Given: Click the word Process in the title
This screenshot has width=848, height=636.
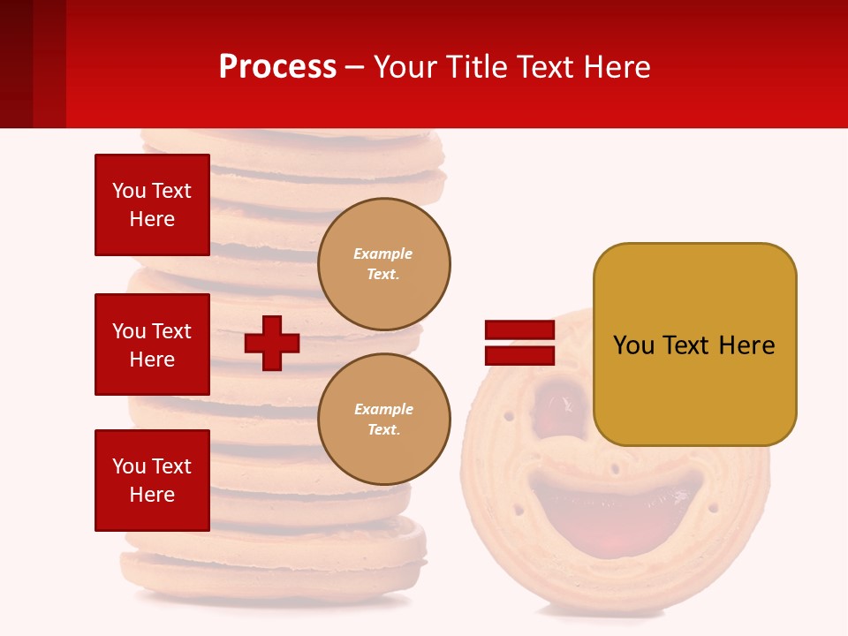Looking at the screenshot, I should (x=277, y=67).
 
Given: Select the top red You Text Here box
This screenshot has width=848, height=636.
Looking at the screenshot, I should (x=152, y=205).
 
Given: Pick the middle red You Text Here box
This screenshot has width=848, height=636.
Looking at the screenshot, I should (x=152, y=344).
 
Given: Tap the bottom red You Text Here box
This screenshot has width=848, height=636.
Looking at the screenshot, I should (x=152, y=480).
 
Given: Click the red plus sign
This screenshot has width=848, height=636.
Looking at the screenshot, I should (x=272, y=343).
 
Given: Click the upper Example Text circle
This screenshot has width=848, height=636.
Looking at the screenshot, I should (x=383, y=264).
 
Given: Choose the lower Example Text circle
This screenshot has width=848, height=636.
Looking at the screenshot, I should (x=383, y=419).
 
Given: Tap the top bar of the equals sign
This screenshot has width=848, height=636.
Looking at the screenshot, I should (x=519, y=330).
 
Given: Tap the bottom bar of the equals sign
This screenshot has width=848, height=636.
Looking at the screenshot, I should (x=519, y=355).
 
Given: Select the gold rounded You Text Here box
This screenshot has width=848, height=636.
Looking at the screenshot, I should (x=694, y=344).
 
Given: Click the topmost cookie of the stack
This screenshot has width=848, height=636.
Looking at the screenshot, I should (x=291, y=141).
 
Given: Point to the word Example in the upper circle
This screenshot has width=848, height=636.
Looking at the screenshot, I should (x=383, y=254).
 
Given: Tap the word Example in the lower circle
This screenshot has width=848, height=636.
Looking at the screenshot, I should (x=383, y=409).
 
